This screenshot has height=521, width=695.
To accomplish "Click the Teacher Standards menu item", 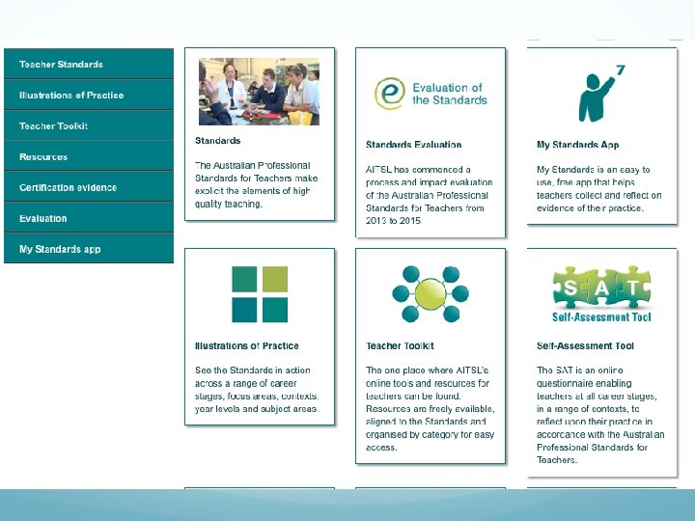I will (61, 65).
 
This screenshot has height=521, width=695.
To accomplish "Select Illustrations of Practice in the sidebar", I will (71, 96).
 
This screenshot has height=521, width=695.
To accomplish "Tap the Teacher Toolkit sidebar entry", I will (53, 126).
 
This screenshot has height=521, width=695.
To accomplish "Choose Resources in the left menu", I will (43, 157).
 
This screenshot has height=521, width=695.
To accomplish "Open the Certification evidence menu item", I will (68, 188).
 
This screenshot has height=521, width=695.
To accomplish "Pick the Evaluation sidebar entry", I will (43, 219).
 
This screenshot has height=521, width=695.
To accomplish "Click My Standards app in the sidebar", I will (60, 250).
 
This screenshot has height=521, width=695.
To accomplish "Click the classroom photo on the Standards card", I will (259, 91).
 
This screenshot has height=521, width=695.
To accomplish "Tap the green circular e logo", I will (389, 94).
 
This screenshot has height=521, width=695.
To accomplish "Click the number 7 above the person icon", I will (620, 70).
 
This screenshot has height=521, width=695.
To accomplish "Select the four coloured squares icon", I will (260, 294).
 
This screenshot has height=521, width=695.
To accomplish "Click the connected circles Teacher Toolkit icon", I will (431, 294).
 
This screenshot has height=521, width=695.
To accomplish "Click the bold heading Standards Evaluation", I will (413, 146).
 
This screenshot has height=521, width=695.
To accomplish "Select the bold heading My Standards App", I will (577, 146).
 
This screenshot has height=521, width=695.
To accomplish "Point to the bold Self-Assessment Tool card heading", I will (585, 346).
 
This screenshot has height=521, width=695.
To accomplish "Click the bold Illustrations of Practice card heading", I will (247, 346).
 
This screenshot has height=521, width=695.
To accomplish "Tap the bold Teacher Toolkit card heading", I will (400, 346).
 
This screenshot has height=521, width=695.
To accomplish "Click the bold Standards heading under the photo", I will (217, 141).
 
